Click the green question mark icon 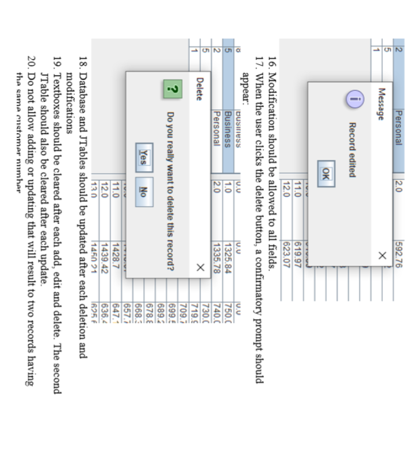point(171,90)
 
